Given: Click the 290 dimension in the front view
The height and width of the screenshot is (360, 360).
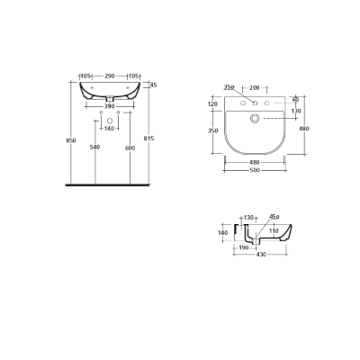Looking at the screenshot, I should point(111,76).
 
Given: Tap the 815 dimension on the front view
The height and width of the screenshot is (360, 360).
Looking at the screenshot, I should point(158,141).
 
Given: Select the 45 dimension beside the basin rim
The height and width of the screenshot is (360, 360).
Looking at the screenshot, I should point(153,85).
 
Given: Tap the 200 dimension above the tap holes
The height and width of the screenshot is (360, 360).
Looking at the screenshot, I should point(254,87).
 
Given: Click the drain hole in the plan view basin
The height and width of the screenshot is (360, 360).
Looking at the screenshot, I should point(255,118).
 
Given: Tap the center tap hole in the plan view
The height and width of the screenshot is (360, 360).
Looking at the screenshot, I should point(255,101).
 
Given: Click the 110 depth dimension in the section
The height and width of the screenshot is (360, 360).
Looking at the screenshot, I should point(274,231).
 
